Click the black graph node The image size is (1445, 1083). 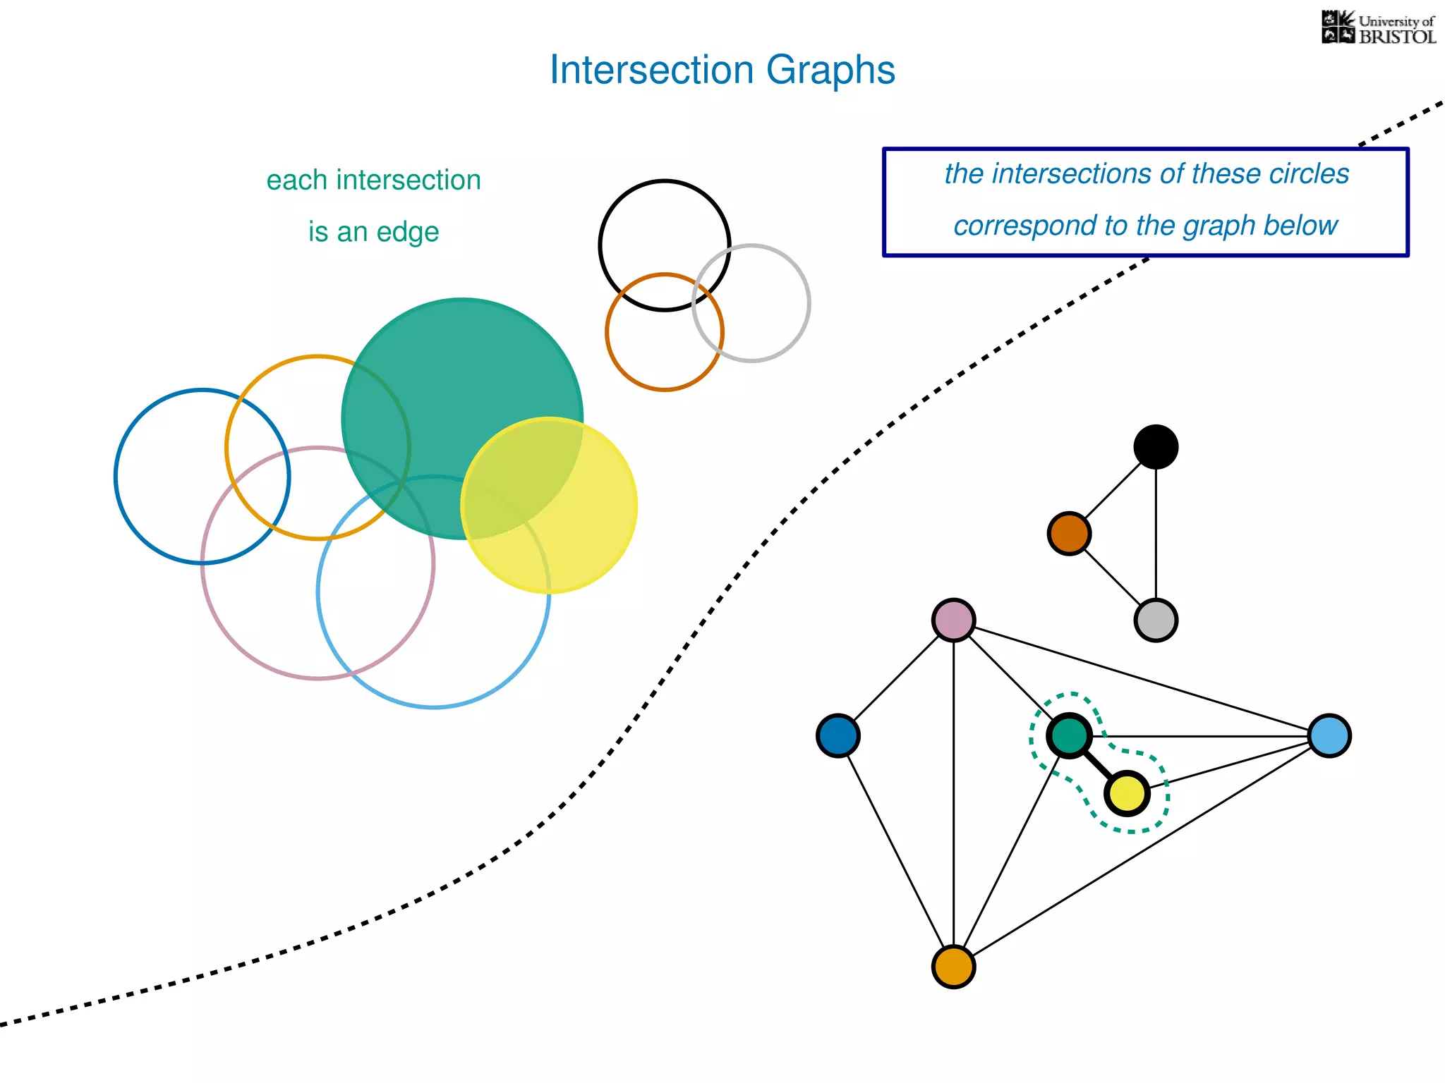[1156, 447]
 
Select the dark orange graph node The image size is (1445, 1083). [1069, 534]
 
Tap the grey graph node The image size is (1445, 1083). [1156, 620]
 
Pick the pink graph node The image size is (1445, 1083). [953, 620]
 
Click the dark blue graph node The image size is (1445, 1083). [838, 736]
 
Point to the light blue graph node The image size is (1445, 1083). [1329, 736]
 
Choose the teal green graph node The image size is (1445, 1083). [1069, 736]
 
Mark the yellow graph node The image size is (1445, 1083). [1127, 794]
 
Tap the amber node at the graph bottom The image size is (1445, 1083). [953, 967]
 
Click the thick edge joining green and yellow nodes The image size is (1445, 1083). [1098, 765]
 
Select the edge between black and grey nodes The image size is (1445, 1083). [1156, 534]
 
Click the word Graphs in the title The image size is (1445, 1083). [830, 71]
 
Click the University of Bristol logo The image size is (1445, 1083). [1378, 28]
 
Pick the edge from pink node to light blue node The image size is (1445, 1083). [1142, 678]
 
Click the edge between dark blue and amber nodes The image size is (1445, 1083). [895, 851]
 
